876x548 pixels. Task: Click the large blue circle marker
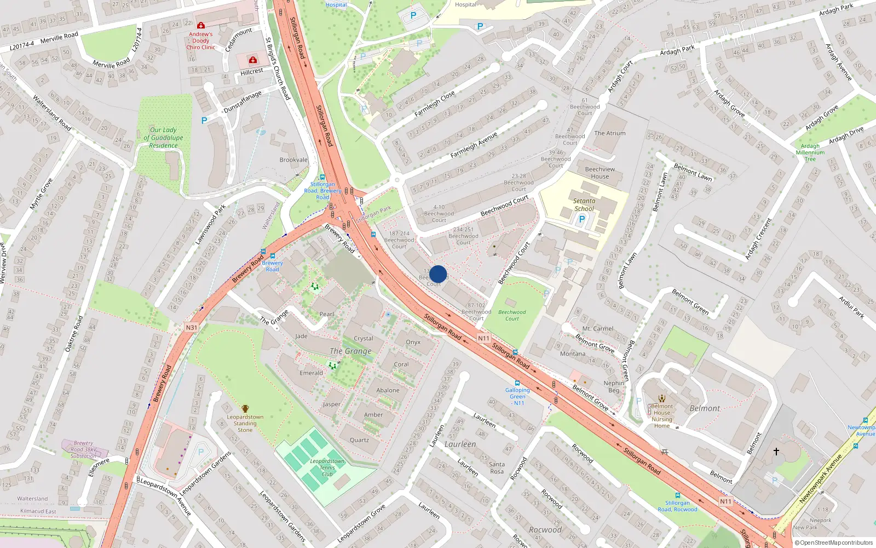click(438, 274)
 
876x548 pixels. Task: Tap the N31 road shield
click(191, 328)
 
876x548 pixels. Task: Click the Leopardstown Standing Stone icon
click(245, 409)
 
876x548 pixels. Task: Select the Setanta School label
click(584, 204)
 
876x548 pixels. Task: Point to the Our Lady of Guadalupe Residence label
click(163, 138)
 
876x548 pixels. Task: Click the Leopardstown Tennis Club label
click(327, 467)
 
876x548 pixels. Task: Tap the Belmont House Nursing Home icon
click(662, 398)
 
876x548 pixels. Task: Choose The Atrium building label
click(609, 133)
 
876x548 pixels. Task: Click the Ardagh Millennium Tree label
click(810, 152)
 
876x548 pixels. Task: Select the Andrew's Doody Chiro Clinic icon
click(201, 25)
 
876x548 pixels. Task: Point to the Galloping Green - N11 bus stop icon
click(517, 383)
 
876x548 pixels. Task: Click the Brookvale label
click(293, 160)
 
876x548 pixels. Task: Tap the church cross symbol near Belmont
click(776, 452)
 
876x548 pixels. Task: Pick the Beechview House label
click(600, 173)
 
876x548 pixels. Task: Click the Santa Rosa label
click(497, 467)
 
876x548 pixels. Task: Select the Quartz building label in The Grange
click(359, 440)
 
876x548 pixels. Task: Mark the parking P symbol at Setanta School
click(581, 219)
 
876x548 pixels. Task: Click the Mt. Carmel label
click(597, 329)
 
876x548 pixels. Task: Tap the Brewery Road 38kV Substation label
click(83, 449)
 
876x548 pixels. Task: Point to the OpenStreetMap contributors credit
click(834, 543)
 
